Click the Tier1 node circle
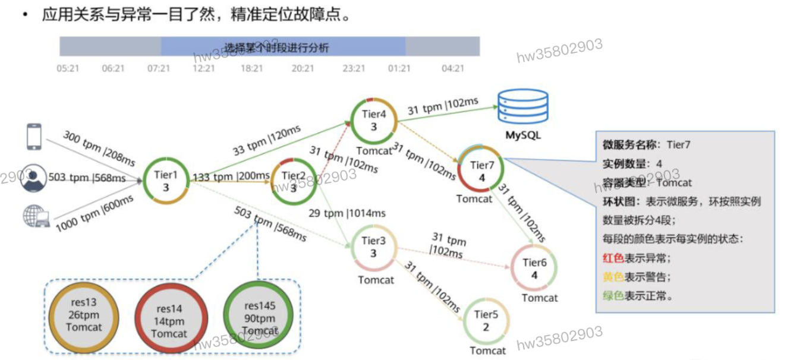166,181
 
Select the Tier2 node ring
294,181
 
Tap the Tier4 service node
374,121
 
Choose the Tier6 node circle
534,269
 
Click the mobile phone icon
34,136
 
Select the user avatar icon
35,178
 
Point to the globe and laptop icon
35,216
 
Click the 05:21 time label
68,68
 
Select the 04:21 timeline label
452,68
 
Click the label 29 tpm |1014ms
347,213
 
